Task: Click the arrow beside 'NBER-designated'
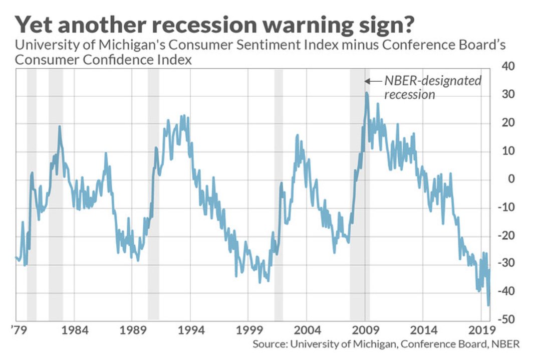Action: [373, 81]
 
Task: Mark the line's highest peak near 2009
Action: [367, 93]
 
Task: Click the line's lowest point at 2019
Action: [488, 305]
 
